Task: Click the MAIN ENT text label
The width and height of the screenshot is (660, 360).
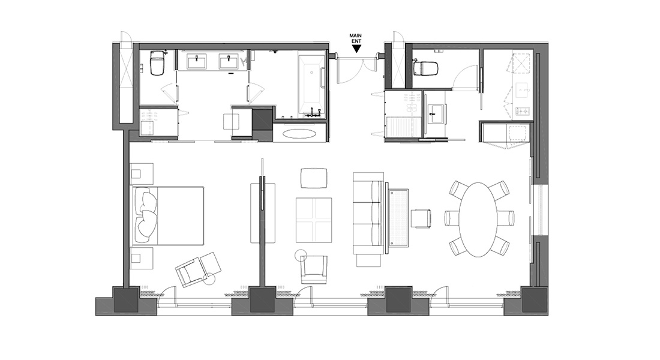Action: tap(356, 39)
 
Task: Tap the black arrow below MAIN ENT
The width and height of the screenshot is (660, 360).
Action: tap(356, 49)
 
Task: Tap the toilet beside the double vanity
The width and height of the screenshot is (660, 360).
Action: tap(157, 62)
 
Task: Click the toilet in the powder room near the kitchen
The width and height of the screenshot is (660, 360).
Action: tap(426, 68)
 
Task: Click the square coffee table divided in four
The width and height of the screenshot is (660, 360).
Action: tap(314, 220)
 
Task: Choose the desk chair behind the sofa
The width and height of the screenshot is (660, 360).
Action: tap(421, 218)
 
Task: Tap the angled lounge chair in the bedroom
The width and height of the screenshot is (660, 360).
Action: tap(198, 269)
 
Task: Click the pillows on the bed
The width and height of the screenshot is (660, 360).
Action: tap(145, 215)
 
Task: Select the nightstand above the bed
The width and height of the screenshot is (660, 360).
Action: tap(142, 173)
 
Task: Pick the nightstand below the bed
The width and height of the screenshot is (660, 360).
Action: tap(142, 258)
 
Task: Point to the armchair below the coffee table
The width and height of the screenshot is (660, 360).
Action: tap(314, 269)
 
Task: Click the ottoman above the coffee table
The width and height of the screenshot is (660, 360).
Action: tap(314, 178)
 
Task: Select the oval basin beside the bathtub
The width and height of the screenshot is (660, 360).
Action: tap(299, 133)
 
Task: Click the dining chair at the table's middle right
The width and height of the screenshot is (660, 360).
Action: tap(506, 218)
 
